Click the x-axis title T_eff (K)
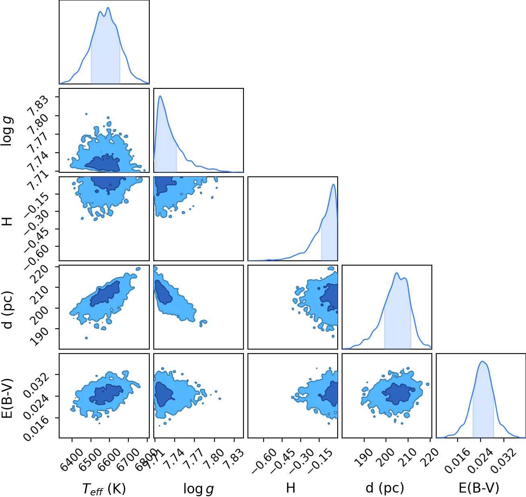click(104, 488)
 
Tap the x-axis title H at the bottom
click(291, 487)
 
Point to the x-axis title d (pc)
click(385, 488)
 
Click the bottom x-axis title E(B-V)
click(479, 488)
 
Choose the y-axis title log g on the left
click(7, 131)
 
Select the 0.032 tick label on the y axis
click(37, 385)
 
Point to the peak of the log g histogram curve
click(160, 96)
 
